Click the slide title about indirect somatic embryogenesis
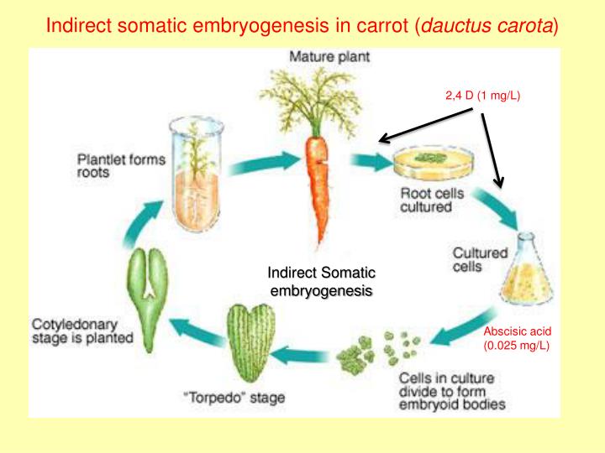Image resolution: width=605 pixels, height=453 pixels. click(302, 24)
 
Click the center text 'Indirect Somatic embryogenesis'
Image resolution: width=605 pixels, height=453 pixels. click(321, 281)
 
